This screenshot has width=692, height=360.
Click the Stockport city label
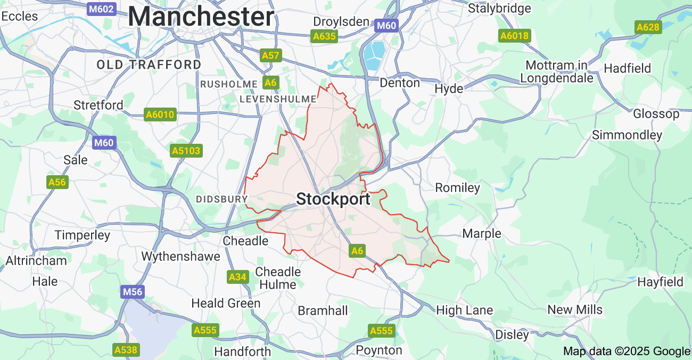tap(333, 199)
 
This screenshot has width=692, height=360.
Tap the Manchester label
tap(201, 17)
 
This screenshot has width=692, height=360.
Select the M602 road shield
tap(101, 9)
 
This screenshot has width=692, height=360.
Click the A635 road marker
tap(324, 36)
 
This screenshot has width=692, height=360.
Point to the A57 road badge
tap(270, 55)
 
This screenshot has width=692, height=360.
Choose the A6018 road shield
tap(514, 36)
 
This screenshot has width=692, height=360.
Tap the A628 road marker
tap(648, 27)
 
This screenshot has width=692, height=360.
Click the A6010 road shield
tap(160, 114)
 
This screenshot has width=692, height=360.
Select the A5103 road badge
tap(186, 151)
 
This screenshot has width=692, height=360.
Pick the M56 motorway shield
tap(133, 292)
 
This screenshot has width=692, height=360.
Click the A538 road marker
tap(126, 350)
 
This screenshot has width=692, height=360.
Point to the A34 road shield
tap(237, 277)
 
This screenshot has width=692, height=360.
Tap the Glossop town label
tap(656, 113)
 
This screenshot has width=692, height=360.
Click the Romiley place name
tap(457, 187)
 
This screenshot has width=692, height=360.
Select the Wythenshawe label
tap(180, 256)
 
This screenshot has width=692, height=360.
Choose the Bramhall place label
tap(323, 310)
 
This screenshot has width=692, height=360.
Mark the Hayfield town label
tap(660, 282)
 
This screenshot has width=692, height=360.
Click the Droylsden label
tap(341, 22)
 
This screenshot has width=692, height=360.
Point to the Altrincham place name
tap(36, 260)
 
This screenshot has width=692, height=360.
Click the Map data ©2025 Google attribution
tap(627, 351)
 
